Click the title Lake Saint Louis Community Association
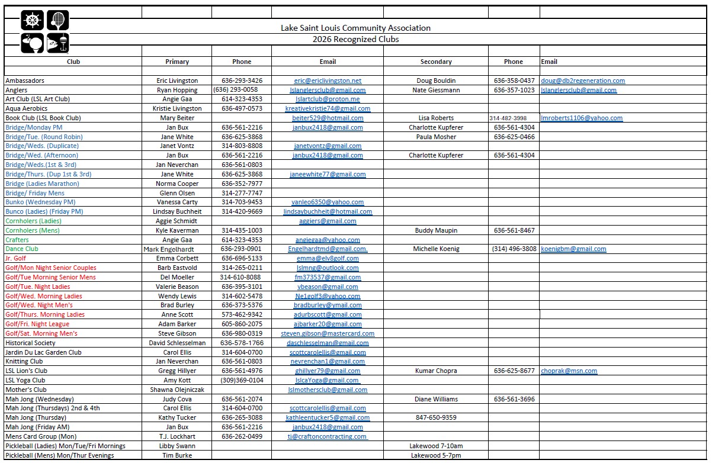click(x=355, y=28)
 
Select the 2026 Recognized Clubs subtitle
click(x=355, y=39)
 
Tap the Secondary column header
click(x=436, y=62)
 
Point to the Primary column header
click(x=177, y=62)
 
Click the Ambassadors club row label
click(x=25, y=81)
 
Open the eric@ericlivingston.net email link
click(x=328, y=81)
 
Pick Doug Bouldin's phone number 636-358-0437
click(x=514, y=81)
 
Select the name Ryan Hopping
click(x=177, y=90)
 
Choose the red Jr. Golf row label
click(x=16, y=258)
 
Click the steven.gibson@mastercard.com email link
click(x=328, y=333)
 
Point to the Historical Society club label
click(x=30, y=343)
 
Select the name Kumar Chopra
click(x=436, y=371)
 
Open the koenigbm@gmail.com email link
click(x=573, y=249)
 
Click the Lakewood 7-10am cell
click(x=436, y=446)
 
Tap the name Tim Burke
click(x=177, y=455)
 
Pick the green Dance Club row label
click(x=22, y=249)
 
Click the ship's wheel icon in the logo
click(x=32, y=21)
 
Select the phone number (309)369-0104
click(x=242, y=380)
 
